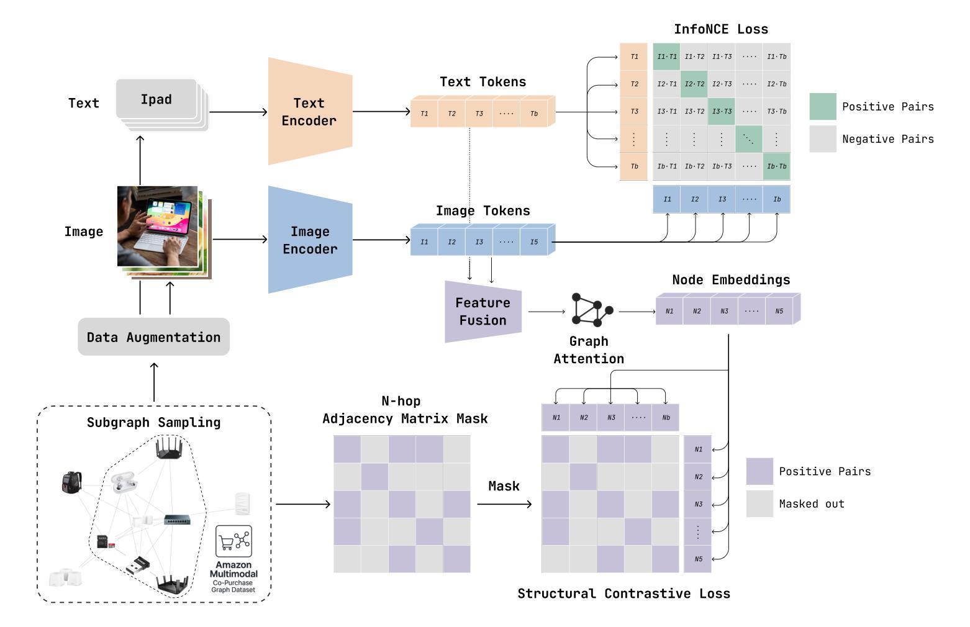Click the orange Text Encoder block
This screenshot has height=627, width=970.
[x=309, y=112]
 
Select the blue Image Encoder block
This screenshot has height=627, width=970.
[x=309, y=240]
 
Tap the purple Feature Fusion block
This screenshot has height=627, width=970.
[x=483, y=312]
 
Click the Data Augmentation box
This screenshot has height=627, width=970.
[x=153, y=337]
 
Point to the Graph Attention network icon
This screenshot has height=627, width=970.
[x=591, y=309]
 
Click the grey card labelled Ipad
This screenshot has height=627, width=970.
[x=156, y=99]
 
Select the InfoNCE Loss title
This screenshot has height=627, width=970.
[x=720, y=29]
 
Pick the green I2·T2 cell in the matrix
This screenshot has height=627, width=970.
[x=694, y=84]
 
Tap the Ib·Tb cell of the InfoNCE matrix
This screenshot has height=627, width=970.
[x=776, y=166]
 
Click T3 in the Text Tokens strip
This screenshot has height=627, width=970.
[x=479, y=114]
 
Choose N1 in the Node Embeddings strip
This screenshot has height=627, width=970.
[x=669, y=311]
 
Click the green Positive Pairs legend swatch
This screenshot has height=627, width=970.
[x=822, y=106]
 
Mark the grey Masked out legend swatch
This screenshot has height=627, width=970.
[x=759, y=503]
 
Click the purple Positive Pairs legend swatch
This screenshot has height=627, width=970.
[x=759, y=471]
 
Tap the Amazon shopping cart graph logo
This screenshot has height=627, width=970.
[x=233, y=541]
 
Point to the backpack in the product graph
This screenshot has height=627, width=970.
[x=71, y=482]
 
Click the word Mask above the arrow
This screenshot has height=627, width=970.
[x=504, y=486]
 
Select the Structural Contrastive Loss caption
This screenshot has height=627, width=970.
[x=623, y=593]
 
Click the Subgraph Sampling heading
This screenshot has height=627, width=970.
[x=153, y=423]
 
